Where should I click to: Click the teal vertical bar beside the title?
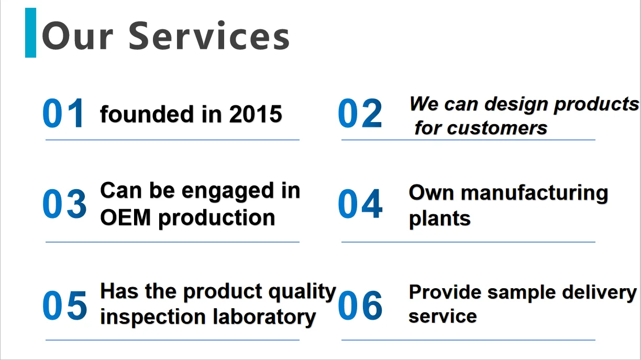click(30, 32)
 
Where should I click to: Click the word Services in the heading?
click(209, 36)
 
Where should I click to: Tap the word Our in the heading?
click(78, 37)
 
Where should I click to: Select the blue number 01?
click(63, 113)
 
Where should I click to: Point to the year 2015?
click(256, 114)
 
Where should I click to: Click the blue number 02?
click(360, 113)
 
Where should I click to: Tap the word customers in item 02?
click(497, 128)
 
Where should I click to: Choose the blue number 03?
click(64, 204)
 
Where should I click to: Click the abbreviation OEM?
click(125, 217)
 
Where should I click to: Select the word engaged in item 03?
click(228, 192)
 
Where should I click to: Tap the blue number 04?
click(360, 204)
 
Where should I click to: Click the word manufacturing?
click(535, 193)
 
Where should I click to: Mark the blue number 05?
click(64, 305)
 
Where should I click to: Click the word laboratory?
click(264, 318)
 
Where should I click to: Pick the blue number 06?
click(360, 305)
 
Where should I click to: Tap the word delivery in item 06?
click(599, 293)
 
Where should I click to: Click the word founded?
click(147, 114)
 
